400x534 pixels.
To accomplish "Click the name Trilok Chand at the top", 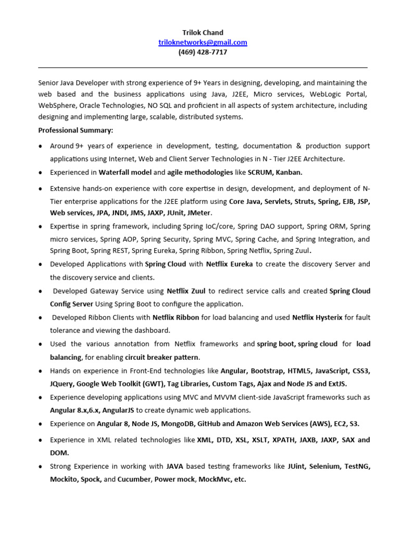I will click(x=203, y=32).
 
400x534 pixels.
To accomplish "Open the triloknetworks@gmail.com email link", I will click(x=203, y=42).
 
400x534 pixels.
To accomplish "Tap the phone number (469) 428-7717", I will click(x=203, y=52).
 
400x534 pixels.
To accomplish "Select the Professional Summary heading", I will click(x=76, y=130).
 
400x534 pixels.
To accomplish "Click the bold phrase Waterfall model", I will click(x=124, y=172).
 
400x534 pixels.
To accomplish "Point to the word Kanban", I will click(x=289, y=172).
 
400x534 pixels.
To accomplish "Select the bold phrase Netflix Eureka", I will click(x=229, y=264).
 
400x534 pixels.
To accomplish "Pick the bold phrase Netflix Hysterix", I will click(x=317, y=317).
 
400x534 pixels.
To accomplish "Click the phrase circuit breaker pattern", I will click(x=162, y=357).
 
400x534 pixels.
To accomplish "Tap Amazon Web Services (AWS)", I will click(x=285, y=423).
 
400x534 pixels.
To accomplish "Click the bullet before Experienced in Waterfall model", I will click(x=41, y=173).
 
